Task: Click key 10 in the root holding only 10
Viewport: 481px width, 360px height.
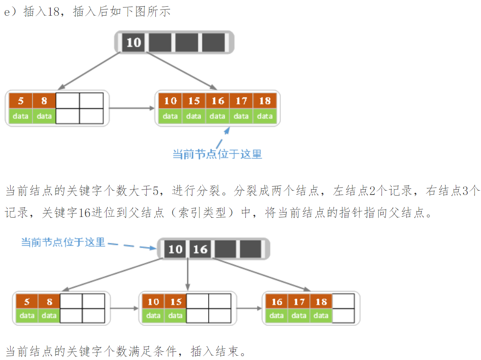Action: [134, 42]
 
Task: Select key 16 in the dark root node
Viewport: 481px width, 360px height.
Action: [200, 249]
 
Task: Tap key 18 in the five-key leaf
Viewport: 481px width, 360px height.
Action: [265, 101]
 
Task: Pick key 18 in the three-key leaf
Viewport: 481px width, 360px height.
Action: [321, 302]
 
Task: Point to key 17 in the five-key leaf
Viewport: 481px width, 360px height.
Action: [241, 101]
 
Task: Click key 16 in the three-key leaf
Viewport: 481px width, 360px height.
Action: [276, 302]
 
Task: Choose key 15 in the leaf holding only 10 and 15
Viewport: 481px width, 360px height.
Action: [175, 302]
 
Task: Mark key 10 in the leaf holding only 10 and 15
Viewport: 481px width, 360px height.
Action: [153, 302]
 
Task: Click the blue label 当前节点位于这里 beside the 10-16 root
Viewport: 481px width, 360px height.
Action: [63, 242]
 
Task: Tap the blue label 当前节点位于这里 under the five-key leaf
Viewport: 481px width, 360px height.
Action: [217, 154]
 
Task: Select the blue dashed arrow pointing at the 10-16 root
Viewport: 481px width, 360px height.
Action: [132, 246]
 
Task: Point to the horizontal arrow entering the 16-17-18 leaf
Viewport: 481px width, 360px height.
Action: [249, 308]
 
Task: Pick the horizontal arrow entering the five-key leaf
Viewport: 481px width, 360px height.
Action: [132, 107]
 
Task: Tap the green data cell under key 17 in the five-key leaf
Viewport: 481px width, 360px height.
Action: [241, 116]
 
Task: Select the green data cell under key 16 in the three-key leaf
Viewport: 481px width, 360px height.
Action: [276, 316]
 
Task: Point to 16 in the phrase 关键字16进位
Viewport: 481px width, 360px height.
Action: [84, 213]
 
